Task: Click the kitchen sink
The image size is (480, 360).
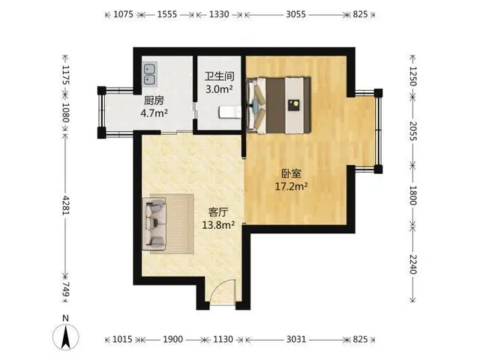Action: [x=150, y=73]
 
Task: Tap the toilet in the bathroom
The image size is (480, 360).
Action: [x=229, y=112]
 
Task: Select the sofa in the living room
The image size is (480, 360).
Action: [x=154, y=224]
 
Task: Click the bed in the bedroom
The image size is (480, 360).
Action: [x=278, y=106]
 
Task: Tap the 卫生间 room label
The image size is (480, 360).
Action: [x=219, y=76]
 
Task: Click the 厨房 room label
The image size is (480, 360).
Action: [x=154, y=100]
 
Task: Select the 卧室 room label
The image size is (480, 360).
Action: [x=292, y=173]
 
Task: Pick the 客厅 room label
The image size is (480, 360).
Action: [x=218, y=211]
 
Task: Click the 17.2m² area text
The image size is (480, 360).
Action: [x=292, y=186]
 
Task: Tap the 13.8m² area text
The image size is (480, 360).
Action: [x=218, y=225]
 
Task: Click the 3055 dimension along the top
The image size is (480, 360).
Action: [x=295, y=14]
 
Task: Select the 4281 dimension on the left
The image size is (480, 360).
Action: [x=66, y=205]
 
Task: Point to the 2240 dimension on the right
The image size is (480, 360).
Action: [x=413, y=265]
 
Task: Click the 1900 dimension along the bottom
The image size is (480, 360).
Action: [x=173, y=339]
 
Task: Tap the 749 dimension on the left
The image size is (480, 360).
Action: [x=66, y=289]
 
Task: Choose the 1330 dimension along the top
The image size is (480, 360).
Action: [x=219, y=14]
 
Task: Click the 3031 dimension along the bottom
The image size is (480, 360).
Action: [x=296, y=339]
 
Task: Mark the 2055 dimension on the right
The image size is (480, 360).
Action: [x=413, y=130]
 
